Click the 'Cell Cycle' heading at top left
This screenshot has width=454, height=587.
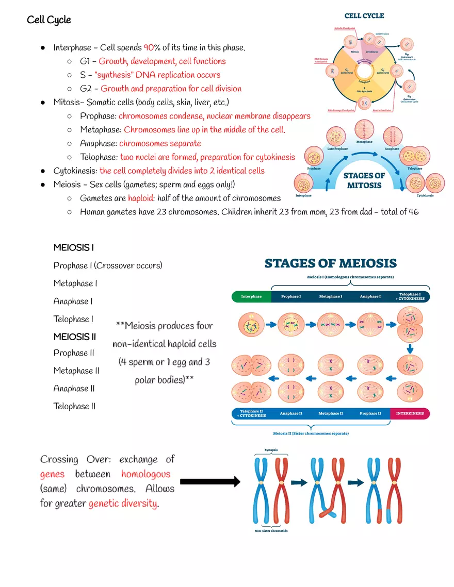[x=49, y=20]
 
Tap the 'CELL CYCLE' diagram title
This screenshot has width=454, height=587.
[x=364, y=16]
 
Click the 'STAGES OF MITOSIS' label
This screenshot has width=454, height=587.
[x=364, y=180]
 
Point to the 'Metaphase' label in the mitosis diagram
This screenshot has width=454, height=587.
[x=365, y=142]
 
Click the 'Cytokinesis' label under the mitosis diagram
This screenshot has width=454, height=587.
[x=425, y=195]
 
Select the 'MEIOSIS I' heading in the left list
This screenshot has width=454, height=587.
[x=74, y=248]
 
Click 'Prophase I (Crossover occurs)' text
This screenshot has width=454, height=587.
[x=108, y=265]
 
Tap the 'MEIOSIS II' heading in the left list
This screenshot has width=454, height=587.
[x=75, y=337]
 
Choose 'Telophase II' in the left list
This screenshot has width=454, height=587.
[x=74, y=406]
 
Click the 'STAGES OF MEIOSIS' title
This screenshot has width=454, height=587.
[x=330, y=264]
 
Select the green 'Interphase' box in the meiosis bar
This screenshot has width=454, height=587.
[x=251, y=297]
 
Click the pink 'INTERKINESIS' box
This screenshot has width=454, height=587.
[x=410, y=413]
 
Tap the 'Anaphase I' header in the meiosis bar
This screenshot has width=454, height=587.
[x=370, y=297]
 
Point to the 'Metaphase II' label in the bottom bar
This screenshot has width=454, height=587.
[x=330, y=413]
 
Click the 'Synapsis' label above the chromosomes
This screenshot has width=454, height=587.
[x=271, y=450]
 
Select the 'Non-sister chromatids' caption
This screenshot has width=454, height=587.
[x=271, y=531]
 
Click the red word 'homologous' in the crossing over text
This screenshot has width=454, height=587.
[x=145, y=474]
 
